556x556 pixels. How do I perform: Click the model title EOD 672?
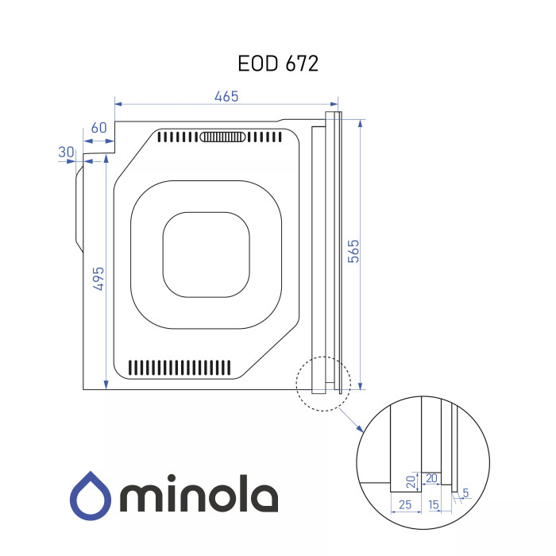pos(278,64)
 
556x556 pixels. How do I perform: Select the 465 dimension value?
pos(226,96)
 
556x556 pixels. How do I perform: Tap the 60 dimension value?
pos(98,128)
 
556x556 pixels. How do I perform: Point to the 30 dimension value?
pos(66,153)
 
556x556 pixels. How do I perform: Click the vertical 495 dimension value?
pos(98,279)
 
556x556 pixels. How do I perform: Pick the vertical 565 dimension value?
pos(353,252)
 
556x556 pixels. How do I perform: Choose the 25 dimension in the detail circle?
pos(405,504)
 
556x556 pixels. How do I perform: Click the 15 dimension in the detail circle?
pos(434,504)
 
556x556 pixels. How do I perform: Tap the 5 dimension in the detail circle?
pos(465,492)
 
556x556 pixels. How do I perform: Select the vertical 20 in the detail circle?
pos(411,482)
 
